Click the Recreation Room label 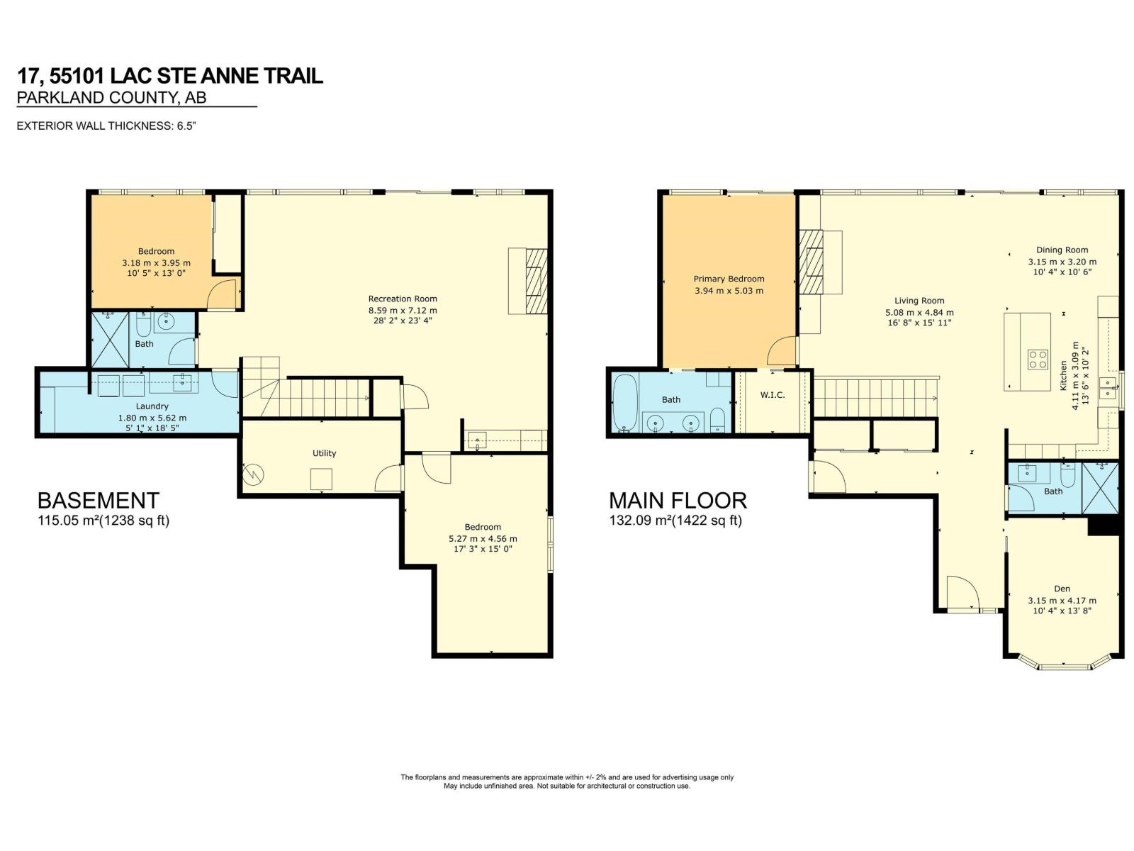point(403,299)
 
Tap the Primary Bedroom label point(729,279)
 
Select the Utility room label point(324,453)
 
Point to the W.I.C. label point(773,395)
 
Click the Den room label point(1062,589)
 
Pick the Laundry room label point(152,406)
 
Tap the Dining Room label point(1062,250)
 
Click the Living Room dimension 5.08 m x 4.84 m point(919,313)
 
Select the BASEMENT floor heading point(98,501)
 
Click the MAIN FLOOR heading point(678,501)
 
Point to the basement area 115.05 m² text point(103,521)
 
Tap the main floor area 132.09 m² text point(675,521)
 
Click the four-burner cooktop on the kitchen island point(1038,360)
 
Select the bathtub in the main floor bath point(624,404)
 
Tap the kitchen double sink point(1108,389)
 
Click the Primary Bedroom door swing point(780,351)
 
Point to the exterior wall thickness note point(106,126)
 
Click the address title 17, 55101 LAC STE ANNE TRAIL point(170,76)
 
